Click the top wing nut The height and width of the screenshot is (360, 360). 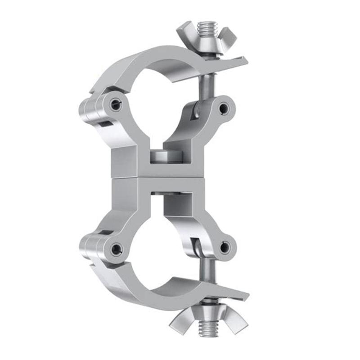tap(206, 38)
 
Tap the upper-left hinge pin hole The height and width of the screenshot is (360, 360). tap(116, 105)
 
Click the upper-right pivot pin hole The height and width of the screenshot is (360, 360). tap(223, 108)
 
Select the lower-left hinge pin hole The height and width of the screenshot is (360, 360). tap(116, 247)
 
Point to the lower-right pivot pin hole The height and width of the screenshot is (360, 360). tap(224, 247)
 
